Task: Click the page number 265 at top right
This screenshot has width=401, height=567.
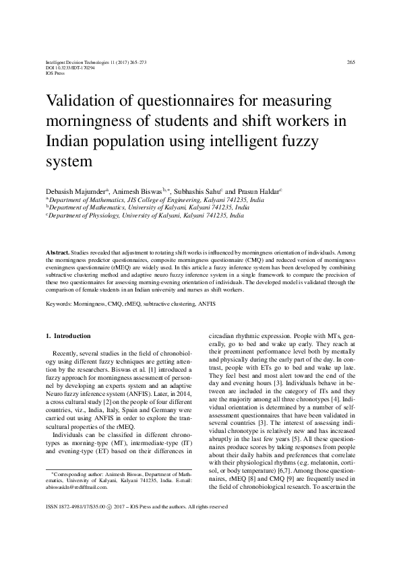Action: (350, 62)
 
